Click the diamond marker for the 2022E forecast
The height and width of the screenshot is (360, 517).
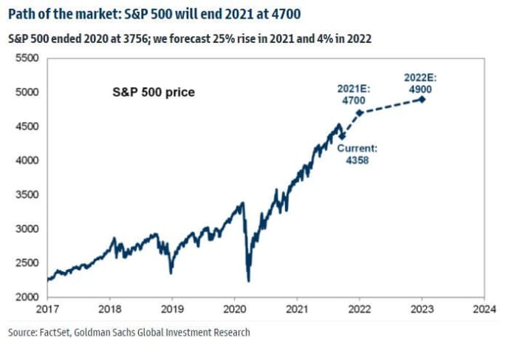pyautogui.click(x=422, y=99)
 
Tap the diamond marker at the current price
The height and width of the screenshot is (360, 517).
pyautogui.click(x=341, y=136)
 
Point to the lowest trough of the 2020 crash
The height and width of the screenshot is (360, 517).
pyautogui.click(x=249, y=281)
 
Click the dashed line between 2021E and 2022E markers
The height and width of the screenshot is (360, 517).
pyautogui.click(x=390, y=106)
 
